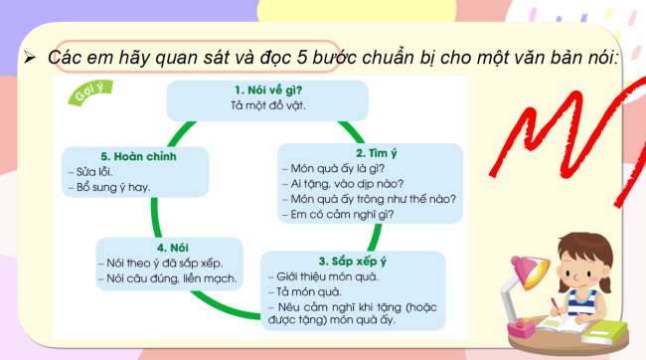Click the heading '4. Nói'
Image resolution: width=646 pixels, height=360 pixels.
170,246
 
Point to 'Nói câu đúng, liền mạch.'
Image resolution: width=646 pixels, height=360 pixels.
170,277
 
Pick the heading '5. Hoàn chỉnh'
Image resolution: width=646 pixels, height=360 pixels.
135,155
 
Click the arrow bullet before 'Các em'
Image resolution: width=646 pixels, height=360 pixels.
29,57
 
